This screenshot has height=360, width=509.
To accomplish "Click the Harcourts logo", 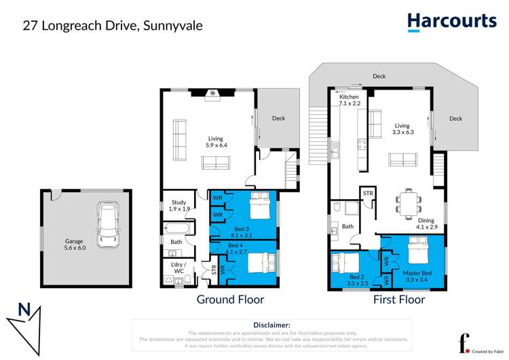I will [x=451, y=22].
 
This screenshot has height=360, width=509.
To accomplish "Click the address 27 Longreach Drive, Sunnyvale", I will [x=113, y=26].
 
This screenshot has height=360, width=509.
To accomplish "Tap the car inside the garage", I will [x=109, y=225].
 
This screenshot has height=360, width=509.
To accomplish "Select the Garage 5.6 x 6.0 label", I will [x=76, y=245].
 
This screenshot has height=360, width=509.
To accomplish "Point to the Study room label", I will [x=178, y=206].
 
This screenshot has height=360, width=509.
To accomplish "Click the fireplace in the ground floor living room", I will [x=211, y=93].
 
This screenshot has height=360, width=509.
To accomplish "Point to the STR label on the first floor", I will [x=368, y=194].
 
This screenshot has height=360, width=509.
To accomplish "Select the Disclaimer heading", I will [x=271, y=325].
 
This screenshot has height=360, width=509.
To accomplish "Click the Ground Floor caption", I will [x=230, y=300].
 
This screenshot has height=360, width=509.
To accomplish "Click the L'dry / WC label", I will [x=178, y=268].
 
